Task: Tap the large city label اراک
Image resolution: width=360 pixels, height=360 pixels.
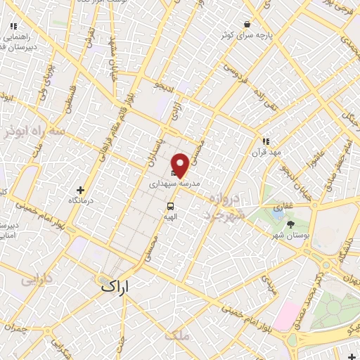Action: coord(115,286)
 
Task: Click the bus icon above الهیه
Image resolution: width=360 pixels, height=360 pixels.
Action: coord(170,206)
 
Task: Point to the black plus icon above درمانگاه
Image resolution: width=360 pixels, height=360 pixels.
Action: coord(81,189)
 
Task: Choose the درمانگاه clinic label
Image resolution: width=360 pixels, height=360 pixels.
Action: coord(81,200)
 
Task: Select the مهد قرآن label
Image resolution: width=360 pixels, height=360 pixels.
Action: coord(266,152)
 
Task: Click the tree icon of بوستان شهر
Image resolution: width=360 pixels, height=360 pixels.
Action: coord(291,224)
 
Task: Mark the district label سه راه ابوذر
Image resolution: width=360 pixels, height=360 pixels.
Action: coord(32,131)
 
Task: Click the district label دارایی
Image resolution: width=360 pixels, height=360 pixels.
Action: coord(37,279)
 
